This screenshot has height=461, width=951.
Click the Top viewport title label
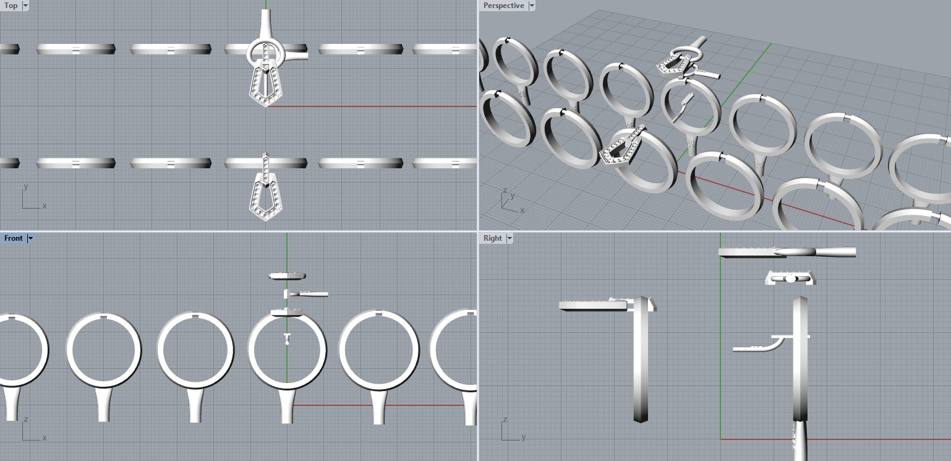click(11, 6)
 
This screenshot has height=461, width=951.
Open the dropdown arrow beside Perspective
click(531, 6)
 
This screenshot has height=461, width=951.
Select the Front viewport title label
click(13, 238)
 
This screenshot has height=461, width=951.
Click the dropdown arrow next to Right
click(510, 238)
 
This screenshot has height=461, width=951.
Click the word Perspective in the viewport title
click(503, 6)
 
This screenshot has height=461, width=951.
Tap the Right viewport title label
click(493, 238)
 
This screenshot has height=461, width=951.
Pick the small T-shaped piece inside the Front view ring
click(287, 338)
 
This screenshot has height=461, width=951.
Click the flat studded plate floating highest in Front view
click(288, 275)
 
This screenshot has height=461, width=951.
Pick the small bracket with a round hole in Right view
click(790, 278)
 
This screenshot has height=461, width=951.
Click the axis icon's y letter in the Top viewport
click(25, 186)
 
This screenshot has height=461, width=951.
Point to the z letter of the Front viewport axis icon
click(25, 420)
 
